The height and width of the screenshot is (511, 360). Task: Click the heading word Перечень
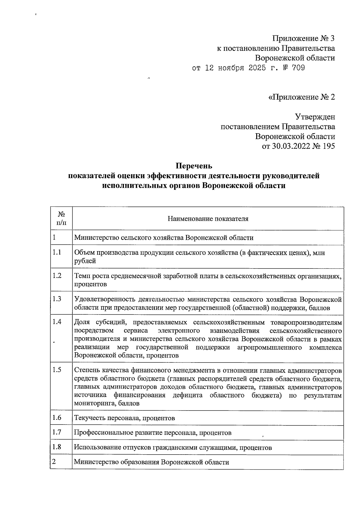point(194,166)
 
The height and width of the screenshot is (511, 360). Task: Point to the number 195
point(327,146)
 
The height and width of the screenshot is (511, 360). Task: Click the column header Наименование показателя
point(208,218)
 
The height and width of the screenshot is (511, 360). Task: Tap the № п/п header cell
point(61,218)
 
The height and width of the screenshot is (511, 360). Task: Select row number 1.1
point(57,252)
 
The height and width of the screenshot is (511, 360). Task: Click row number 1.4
point(57,322)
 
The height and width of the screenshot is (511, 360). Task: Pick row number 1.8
point(57,447)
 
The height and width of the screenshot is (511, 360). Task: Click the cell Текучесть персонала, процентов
point(124,418)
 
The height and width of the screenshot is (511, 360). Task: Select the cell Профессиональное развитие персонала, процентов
point(153,433)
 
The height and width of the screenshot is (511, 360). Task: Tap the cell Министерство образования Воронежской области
point(151,462)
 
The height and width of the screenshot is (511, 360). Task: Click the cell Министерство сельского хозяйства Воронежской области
point(164,238)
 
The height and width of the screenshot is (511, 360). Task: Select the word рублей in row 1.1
point(85,261)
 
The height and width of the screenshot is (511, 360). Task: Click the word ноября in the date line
point(231,68)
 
